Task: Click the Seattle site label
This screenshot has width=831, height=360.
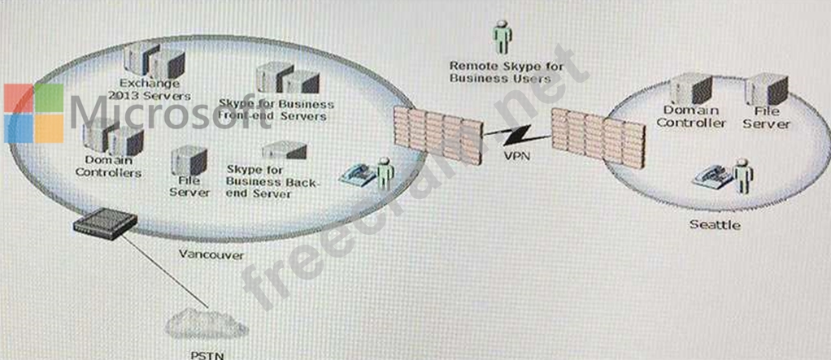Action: pos(715,224)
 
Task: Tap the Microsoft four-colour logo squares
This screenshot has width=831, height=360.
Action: pos(33,112)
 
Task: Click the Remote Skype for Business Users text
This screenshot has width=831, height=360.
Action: pos(500,72)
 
